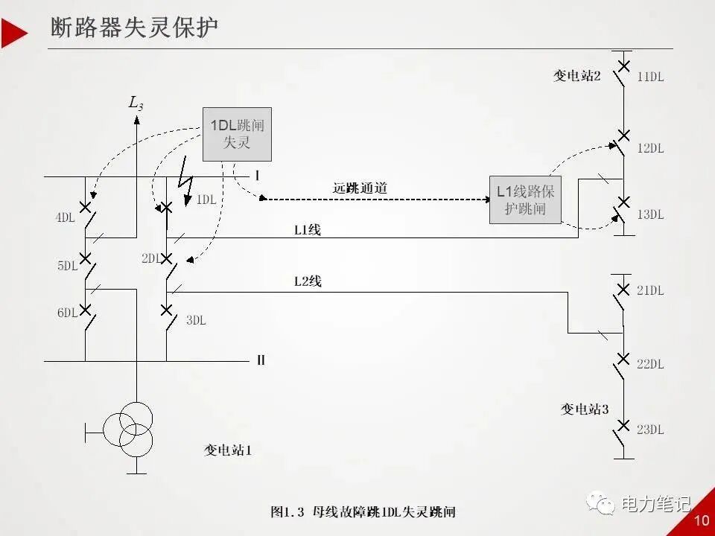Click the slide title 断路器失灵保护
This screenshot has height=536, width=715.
(x=135, y=29)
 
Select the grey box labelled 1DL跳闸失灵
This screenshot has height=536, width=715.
(x=237, y=134)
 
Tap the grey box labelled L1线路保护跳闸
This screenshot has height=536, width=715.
(x=525, y=200)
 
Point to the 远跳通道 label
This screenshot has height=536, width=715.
(x=360, y=188)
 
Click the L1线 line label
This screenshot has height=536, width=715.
(x=307, y=230)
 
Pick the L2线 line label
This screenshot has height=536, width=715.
(x=308, y=281)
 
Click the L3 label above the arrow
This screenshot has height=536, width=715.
(x=136, y=103)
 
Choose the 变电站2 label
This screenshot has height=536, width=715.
(x=576, y=75)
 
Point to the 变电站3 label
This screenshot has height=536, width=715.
(x=585, y=409)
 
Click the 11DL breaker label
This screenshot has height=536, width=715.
(x=650, y=77)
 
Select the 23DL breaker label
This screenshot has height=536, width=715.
(x=650, y=430)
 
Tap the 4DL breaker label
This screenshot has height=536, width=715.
(x=66, y=218)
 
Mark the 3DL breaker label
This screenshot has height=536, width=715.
(x=196, y=320)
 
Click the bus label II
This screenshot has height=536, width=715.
(x=261, y=360)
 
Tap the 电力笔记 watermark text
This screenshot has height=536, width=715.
(x=655, y=504)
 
